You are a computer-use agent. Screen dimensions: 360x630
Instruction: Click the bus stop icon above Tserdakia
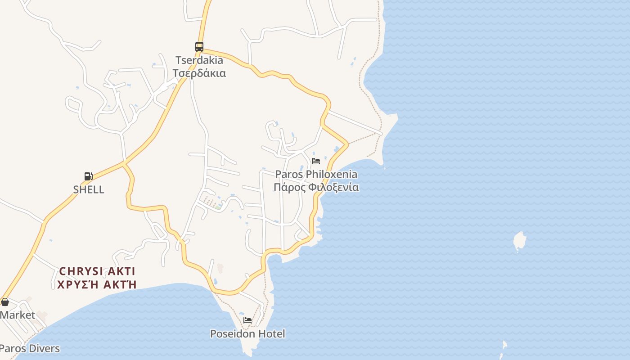[x=199, y=46]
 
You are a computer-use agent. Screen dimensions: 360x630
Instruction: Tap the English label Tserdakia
[x=199, y=60]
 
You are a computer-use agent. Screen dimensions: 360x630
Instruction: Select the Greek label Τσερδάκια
[x=199, y=73]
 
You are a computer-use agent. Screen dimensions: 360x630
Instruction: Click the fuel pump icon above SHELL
[x=89, y=176]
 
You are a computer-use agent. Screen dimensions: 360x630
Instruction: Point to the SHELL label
[x=89, y=189]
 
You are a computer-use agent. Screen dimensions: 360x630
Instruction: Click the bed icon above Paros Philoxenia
[x=316, y=161]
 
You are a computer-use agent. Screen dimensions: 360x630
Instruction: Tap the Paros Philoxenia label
[x=316, y=174]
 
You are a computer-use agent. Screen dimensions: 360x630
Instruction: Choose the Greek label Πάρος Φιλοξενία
[x=316, y=187]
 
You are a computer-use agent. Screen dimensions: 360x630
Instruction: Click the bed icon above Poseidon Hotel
[x=247, y=320]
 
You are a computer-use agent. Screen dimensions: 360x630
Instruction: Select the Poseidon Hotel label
[x=247, y=333]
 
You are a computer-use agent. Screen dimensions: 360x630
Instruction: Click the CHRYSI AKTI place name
[x=97, y=271]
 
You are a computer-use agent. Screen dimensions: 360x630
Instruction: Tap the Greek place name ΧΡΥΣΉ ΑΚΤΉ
[x=97, y=284]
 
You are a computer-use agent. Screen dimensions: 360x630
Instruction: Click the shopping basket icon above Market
[x=5, y=302]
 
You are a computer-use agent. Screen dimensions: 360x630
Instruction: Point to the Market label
[x=17, y=315]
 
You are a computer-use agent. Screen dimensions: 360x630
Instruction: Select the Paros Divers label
[x=29, y=348]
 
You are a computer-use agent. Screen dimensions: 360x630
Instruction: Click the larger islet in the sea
[x=520, y=241]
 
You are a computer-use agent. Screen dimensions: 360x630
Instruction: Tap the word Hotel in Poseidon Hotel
[x=271, y=333]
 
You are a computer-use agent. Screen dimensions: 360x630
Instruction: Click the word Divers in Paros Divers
[x=44, y=348]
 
